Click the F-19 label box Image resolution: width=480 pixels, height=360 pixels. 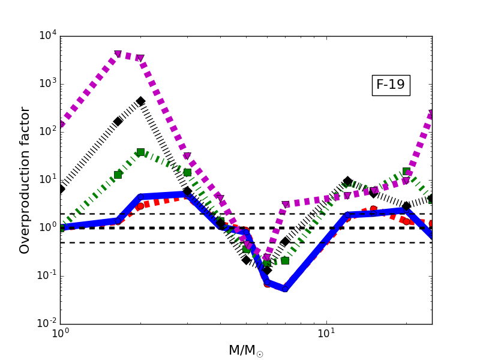[391, 85]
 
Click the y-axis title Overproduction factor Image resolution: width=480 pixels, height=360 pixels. [25, 180]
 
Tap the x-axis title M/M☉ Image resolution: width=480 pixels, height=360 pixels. [246, 350]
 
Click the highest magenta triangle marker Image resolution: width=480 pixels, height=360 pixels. [118, 55]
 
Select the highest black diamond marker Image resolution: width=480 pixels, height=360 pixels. [140, 101]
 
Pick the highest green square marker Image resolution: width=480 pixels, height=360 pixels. [140, 152]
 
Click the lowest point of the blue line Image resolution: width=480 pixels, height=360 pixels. [285, 289]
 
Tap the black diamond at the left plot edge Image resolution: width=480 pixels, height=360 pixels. [61, 189]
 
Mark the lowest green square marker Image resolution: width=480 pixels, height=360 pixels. [266, 263]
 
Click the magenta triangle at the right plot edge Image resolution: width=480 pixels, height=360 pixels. [431, 114]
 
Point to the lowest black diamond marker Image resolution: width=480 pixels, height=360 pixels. [266, 271]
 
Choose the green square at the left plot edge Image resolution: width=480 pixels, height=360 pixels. [61, 228]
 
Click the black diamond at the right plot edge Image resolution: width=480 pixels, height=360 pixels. [431, 199]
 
